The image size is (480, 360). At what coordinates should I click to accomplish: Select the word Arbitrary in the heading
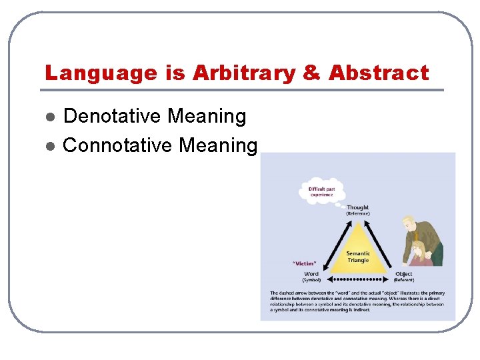pyautogui.click(x=243, y=73)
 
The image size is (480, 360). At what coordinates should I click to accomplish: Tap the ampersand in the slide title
pyautogui.click(x=311, y=73)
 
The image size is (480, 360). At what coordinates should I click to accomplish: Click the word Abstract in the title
pyautogui.click(x=378, y=73)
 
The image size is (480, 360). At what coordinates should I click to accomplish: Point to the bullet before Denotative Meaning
pyautogui.click(x=49, y=117)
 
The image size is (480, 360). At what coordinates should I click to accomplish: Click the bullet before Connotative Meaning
pyautogui.click(x=49, y=145)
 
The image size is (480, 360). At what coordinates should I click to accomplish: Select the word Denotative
pyautogui.click(x=112, y=117)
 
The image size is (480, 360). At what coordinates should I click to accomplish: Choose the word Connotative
pyautogui.click(x=112, y=145)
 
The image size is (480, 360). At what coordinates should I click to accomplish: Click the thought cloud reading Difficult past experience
pyautogui.click(x=322, y=191)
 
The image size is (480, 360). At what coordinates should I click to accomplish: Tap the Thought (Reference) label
pyautogui.click(x=357, y=211)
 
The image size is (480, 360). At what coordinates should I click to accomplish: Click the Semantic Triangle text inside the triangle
pyautogui.click(x=357, y=257)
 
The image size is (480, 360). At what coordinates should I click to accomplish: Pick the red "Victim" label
pyautogui.click(x=305, y=263)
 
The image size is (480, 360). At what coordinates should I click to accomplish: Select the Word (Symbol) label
pyautogui.click(x=311, y=277)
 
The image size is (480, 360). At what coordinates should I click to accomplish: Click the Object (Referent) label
pyautogui.click(x=403, y=277)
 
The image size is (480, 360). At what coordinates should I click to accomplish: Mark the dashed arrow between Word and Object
pyautogui.click(x=357, y=279)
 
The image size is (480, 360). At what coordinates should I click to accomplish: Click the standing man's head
pyautogui.click(x=407, y=223)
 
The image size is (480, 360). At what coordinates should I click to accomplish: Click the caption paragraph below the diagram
pyautogui.click(x=357, y=301)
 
